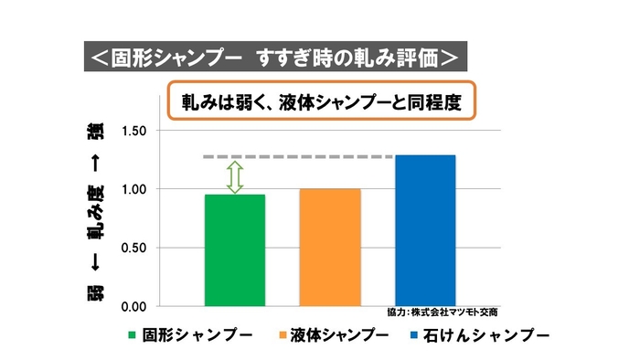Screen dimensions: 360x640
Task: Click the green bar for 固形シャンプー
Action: click(x=235, y=249)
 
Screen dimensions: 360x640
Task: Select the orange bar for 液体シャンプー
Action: click(x=330, y=247)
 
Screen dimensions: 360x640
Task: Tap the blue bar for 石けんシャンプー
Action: click(x=425, y=230)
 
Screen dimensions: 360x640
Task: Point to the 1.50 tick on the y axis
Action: click(x=133, y=131)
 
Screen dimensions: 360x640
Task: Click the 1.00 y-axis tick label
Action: click(x=133, y=189)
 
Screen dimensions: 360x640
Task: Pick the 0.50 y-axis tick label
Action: click(x=133, y=248)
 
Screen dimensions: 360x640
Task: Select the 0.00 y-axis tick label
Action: click(x=133, y=306)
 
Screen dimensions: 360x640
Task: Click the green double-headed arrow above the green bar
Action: click(x=235, y=176)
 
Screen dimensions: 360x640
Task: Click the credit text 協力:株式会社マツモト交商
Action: click(x=449, y=312)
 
